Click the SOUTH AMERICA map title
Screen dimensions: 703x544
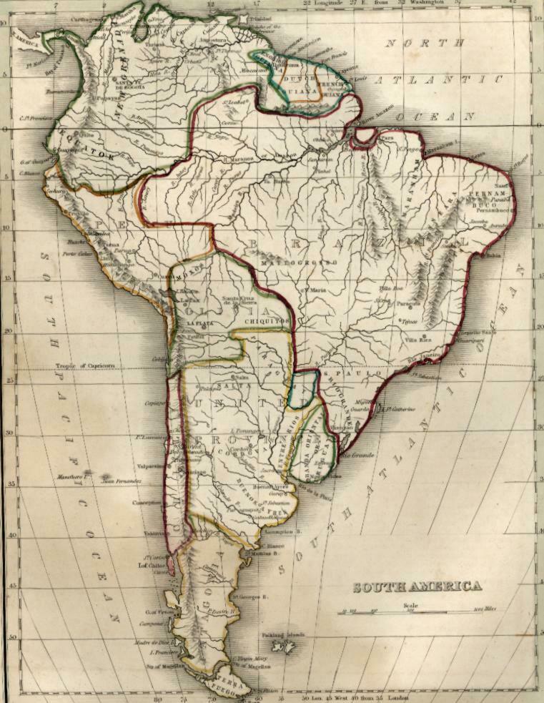417,587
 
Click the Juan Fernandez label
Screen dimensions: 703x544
122,481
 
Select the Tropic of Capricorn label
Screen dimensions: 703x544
86,365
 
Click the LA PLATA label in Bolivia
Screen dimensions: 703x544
201,323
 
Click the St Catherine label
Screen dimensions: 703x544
401,408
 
